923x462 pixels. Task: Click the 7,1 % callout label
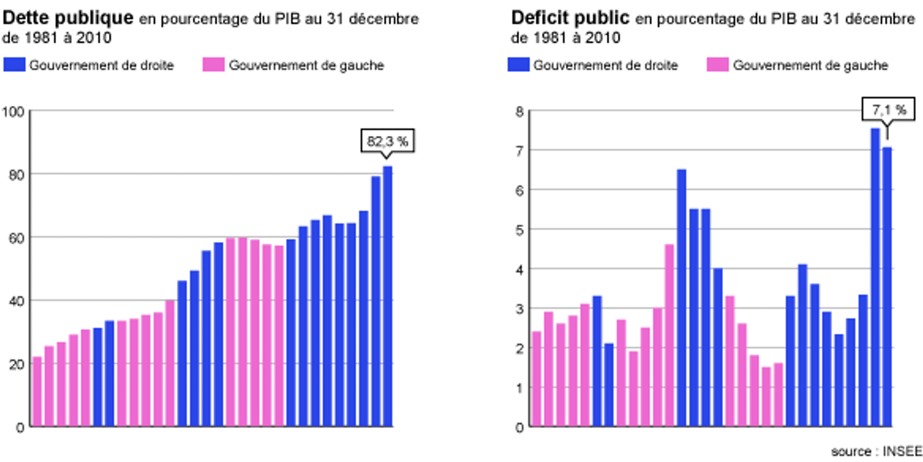[888, 110]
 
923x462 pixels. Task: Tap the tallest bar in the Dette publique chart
[388, 296]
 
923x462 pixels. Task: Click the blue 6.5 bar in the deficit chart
[682, 298]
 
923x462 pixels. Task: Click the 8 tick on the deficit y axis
[520, 112]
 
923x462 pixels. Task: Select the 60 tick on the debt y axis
[16, 237]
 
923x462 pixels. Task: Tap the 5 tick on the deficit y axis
[520, 230]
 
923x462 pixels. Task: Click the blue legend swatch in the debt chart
[13, 65]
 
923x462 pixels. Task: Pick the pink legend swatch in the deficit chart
[717, 65]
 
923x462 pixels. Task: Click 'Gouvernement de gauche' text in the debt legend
[306, 65]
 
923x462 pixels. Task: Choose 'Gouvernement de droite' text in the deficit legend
[606, 65]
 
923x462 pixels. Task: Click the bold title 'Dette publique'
[68, 19]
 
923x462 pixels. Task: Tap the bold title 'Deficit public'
[570, 19]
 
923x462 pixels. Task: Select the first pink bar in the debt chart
[37, 391]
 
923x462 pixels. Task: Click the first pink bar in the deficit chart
[537, 379]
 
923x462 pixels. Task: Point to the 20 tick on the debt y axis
[16, 364]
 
